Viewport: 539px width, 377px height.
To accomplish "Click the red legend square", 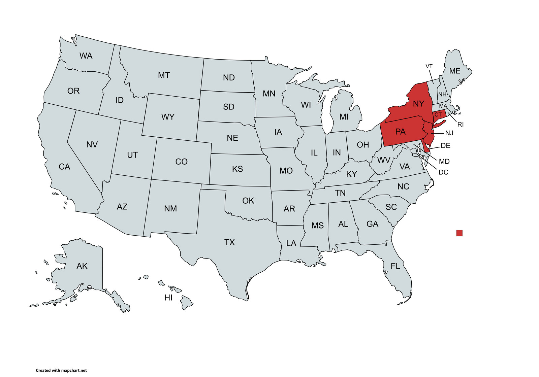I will click(459, 233).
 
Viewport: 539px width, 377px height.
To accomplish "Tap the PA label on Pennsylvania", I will click(400, 132).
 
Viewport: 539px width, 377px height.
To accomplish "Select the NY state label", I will click(418, 104).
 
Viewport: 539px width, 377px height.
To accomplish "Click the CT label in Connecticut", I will click(438, 115).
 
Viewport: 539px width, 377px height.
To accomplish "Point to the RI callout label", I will click(461, 125).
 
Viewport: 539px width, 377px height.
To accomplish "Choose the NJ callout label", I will click(449, 133).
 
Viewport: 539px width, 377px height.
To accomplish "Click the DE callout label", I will click(445, 146).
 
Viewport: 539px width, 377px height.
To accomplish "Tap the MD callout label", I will click(444, 162).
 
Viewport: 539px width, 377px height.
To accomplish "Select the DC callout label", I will click(443, 172).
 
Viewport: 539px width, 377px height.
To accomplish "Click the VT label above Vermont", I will click(429, 66).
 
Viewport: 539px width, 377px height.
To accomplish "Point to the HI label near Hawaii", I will click(168, 298).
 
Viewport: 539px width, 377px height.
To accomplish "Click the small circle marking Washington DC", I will click(414, 151).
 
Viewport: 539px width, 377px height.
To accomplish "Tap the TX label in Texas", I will click(229, 242).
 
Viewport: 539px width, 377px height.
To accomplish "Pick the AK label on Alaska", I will click(82, 266).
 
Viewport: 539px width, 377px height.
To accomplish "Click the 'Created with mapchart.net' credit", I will click(61, 370).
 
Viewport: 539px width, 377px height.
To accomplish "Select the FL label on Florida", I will click(395, 266).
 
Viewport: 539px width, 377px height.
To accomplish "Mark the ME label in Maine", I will click(455, 71).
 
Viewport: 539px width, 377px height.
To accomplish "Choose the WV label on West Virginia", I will click(384, 160).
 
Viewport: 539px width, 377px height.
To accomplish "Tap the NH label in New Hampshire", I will click(442, 95).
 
